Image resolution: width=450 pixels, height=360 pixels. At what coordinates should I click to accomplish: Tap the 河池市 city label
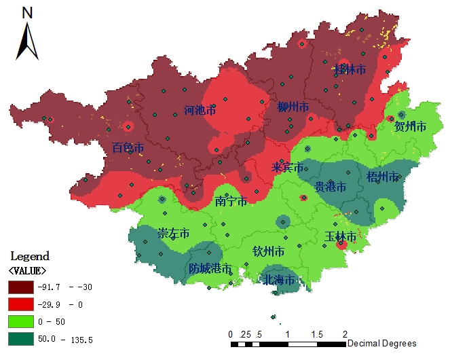pos(200,110)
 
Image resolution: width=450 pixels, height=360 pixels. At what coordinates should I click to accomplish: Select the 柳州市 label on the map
pos(293,107)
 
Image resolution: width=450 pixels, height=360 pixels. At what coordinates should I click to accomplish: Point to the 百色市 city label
pos(128,147)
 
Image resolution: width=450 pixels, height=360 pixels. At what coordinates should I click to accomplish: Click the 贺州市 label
pos(410,126)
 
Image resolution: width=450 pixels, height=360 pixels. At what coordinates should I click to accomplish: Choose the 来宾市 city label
pos(287,167)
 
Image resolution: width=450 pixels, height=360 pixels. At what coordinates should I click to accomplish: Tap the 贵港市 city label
pos(331,186)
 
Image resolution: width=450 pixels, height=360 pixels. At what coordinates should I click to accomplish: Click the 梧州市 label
pos(382,177)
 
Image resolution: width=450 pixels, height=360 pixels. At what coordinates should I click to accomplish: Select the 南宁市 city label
pos(231,201)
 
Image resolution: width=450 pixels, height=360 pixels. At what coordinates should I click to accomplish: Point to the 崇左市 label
pos(173,233)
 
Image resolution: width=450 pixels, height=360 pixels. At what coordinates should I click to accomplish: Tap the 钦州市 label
pos(268,252)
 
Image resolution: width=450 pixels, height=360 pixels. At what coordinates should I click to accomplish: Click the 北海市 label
pos(279,280)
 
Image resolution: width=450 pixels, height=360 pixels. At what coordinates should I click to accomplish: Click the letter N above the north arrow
pos(27,12)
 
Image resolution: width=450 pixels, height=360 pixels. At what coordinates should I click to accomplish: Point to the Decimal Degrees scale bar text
pos(381,344)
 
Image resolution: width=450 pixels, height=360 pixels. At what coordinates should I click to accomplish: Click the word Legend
pos(30,256)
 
